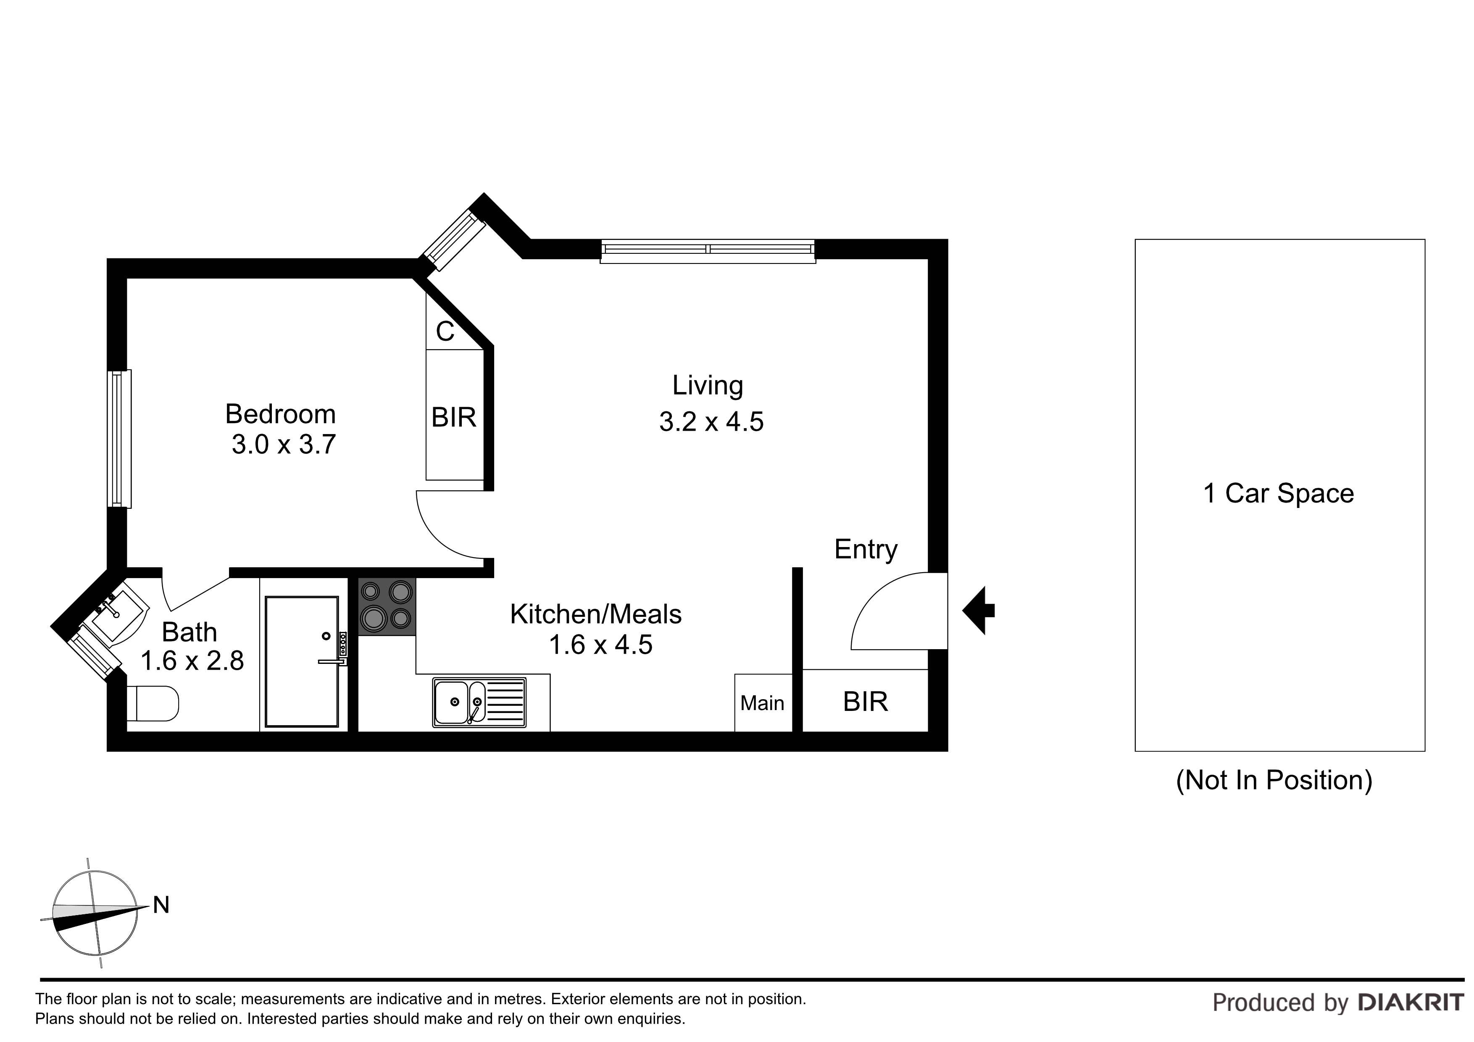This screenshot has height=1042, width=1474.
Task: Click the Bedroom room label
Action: click(x=281, y=414)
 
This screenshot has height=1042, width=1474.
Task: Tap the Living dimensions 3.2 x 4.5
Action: click(x=711, y=422)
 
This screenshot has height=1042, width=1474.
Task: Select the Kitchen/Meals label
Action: click(x=596, y=614)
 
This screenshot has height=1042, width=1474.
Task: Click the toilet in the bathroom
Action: click(x=153, y=703)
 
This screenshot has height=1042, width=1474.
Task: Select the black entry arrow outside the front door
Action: click(x=978, y=610)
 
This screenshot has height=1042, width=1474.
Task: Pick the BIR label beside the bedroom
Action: click(x=454, y=417)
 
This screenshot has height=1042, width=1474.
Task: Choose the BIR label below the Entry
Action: click(x=866, y=702)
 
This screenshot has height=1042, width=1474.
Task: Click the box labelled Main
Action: click(x=763, y=703)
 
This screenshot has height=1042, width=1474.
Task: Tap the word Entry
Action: click(x=866, y=550)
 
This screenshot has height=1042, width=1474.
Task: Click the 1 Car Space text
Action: click(x=1278, y=493)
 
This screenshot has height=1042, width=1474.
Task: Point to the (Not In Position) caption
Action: click(x=1274, y=780)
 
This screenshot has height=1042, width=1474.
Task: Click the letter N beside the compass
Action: click(x=161, y=905)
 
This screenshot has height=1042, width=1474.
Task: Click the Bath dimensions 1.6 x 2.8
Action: click(x=192, y=660)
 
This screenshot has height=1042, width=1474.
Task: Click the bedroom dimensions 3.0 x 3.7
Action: click(x=284, y=444)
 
